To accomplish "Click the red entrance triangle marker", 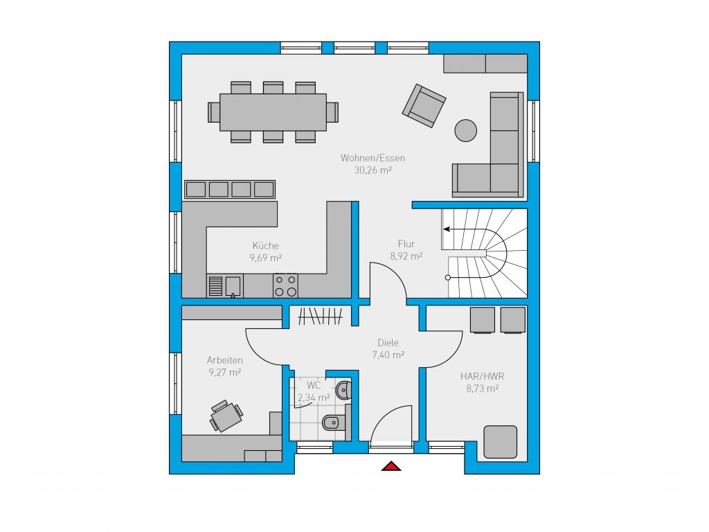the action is [391, 466].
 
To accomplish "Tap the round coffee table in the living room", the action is [465, 130].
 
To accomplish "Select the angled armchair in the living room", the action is [424, 105].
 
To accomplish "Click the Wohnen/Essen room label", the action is [373, 158].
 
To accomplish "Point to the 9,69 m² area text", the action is [265, 258].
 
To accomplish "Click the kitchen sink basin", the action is [233, 285].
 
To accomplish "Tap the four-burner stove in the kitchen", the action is [285, 285].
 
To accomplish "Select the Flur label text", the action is [406, 244].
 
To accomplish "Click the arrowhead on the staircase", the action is [447, 229].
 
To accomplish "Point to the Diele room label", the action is [388, 343].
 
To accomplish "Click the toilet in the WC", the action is [334, 423].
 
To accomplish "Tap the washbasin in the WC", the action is [344, 389].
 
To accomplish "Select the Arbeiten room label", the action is [225, 360].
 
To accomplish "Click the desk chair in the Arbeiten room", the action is [220, 407].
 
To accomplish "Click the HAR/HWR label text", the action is [482, 376].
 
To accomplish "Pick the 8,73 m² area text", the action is [482, 388].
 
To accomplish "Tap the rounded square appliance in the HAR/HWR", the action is [500, 441].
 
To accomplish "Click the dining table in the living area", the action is [273, 112].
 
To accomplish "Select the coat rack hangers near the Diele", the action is [320, 316].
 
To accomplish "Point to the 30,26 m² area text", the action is [373, 170].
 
